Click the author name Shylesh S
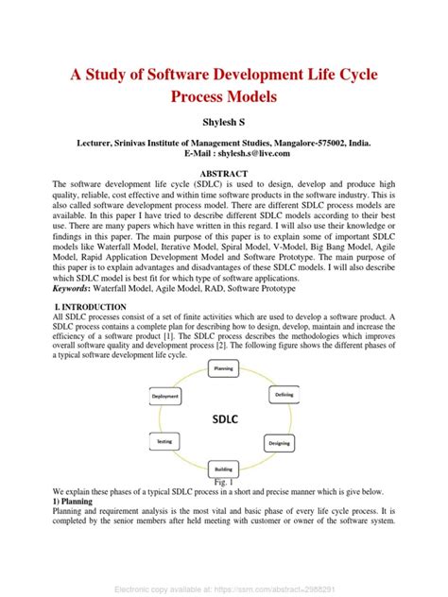point(223,123)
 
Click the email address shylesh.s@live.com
point(250,153)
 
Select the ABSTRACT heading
point(224,174)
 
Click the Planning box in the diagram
point(224,368)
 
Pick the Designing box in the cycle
point(280,442)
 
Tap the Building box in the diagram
point(223,468)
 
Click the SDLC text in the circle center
point(224,417)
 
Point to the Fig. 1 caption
point(224,482)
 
